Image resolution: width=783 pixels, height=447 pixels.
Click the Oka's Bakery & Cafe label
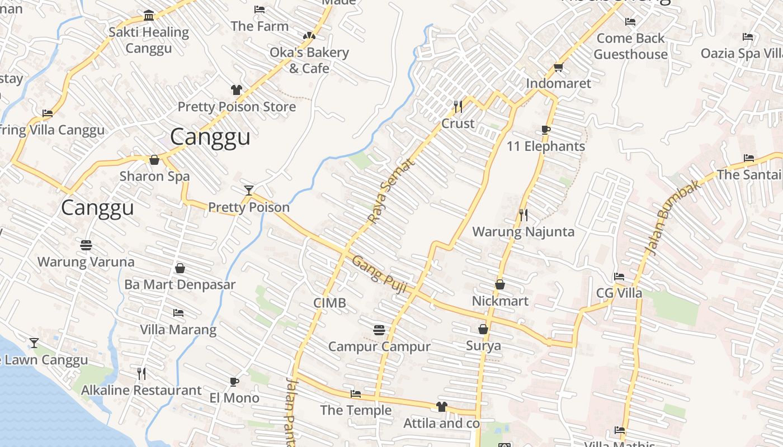(309, 60)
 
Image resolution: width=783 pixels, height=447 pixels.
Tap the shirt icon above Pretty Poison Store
(237, 90)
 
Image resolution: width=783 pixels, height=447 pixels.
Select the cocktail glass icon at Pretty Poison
(249, 191)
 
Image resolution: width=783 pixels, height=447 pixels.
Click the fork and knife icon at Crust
(458, 106)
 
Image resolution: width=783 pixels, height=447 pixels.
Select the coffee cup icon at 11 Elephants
(546, 130)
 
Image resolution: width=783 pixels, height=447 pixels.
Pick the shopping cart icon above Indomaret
(558, 68)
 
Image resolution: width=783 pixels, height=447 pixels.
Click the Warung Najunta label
(523, 231)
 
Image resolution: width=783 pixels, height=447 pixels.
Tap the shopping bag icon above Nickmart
(500, 285)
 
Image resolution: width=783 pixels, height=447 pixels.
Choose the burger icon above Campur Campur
(379, 330)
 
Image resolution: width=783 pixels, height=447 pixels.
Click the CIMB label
(329, 303)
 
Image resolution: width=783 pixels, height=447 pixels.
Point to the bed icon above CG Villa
(619, 277)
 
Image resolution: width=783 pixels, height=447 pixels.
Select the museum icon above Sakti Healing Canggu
(149, 16)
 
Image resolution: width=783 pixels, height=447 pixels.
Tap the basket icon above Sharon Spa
(154, 160)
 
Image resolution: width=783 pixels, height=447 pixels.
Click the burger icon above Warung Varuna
(86, 245)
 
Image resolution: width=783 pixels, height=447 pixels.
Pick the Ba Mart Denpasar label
(180, 284)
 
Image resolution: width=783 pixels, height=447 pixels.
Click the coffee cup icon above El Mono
(234, 382)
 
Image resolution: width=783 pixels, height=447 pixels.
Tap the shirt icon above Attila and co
(442, 407)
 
